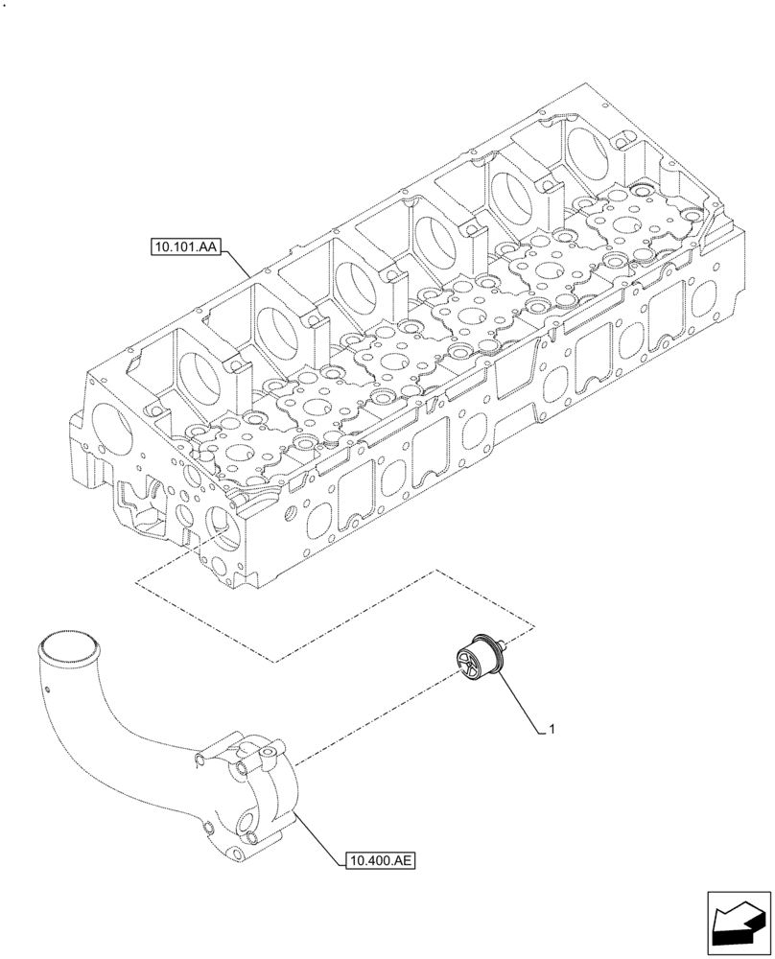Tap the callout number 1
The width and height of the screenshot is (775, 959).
click(552, 731)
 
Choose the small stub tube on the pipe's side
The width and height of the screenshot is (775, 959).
click(197, 760)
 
